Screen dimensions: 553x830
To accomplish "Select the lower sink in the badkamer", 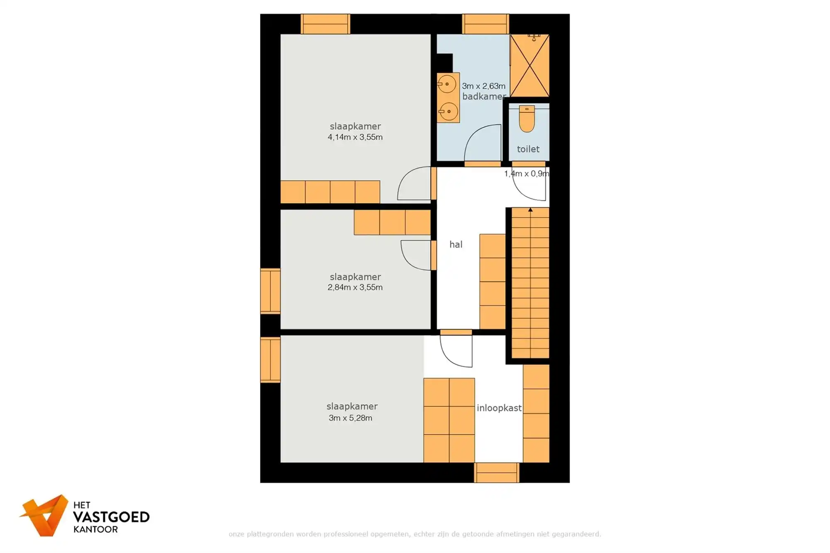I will (448, 111).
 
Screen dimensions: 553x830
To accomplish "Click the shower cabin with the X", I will (530, 66).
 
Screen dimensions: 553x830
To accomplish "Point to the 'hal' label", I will (456, 245).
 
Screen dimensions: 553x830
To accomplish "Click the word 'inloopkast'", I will (499, 408).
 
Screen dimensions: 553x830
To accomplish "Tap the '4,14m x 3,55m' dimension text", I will (355, 137).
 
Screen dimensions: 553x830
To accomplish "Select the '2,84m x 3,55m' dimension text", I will (355, 287).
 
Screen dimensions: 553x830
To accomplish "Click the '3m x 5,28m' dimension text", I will (350, 418).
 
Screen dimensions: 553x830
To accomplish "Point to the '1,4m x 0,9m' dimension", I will (526, 174).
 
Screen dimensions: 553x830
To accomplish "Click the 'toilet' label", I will (528, 149).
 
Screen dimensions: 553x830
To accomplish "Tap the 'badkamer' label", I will (483, 97).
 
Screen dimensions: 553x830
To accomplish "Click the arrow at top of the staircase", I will (530, 210).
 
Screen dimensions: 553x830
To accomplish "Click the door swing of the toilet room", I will (529, 187).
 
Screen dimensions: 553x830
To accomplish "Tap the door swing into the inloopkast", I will (456, 351).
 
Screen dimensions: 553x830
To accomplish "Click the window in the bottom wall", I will (496, 473).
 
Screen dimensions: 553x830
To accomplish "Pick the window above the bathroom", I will (485, 24).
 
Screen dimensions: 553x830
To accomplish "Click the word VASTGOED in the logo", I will (111, 517).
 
